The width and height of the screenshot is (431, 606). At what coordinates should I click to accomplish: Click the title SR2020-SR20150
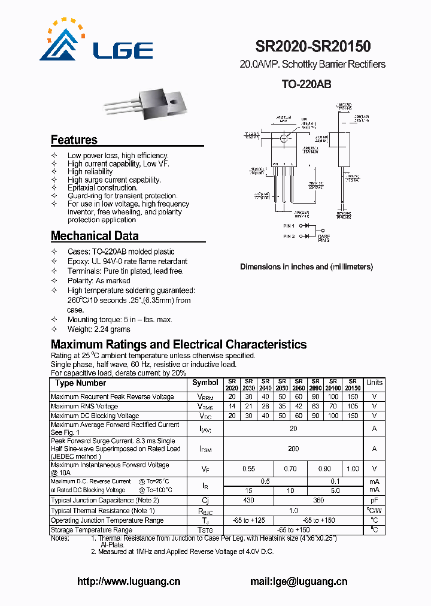click(x=312, y=47)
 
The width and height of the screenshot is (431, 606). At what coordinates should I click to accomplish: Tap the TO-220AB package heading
click(x=306, y=85)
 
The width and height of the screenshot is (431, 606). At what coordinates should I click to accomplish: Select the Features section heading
click(x=74, y=140)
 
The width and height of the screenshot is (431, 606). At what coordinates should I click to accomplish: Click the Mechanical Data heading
click(x=95, y=236)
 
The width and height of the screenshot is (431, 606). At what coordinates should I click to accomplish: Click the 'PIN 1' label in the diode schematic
click(x=289, y=226)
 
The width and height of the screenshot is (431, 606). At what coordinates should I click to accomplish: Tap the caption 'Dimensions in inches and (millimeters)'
click(x=306, y=267)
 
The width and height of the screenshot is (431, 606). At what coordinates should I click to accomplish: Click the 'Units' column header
click(x=374, y=383)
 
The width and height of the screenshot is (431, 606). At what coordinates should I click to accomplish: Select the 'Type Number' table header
click(x=80, y=383)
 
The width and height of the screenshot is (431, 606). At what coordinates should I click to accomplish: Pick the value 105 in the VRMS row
click(x=353, y=407)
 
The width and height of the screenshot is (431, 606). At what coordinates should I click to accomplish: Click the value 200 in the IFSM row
click(x=293, y=449)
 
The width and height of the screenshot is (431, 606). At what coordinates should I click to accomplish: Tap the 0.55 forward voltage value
click(x=248, y=469)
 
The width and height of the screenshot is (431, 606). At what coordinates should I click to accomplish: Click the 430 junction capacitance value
click(x=248, y=500)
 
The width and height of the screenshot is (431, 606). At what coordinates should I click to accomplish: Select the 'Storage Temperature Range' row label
click(x=91, y=530)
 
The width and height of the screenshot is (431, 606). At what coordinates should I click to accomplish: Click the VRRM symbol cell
click(x=205, y=397)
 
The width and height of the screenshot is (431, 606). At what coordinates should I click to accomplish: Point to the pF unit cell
click(x=374, y=500)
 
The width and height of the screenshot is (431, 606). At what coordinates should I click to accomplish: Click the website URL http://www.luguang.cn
click(x=129, y=581)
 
